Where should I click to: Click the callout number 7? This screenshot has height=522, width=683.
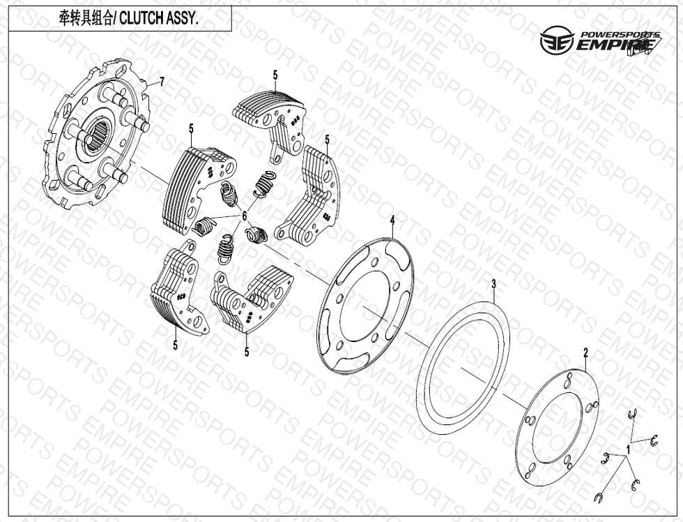pyautogui.click(x=162, y=81)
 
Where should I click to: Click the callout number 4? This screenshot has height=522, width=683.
pyautogui.click(x=392, y=219)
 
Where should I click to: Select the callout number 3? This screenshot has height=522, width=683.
pyautogui.click(x=493, y=284)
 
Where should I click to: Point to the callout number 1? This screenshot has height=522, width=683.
pyautogui.click(x=628, y=449)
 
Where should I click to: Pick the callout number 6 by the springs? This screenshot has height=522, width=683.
pyautogui.click(x=245, y=216)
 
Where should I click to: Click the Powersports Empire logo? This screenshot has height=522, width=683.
pyautogui.click(x=601, y=41)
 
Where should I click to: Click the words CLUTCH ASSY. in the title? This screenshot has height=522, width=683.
pyautogui.click(x=159, y=19)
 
